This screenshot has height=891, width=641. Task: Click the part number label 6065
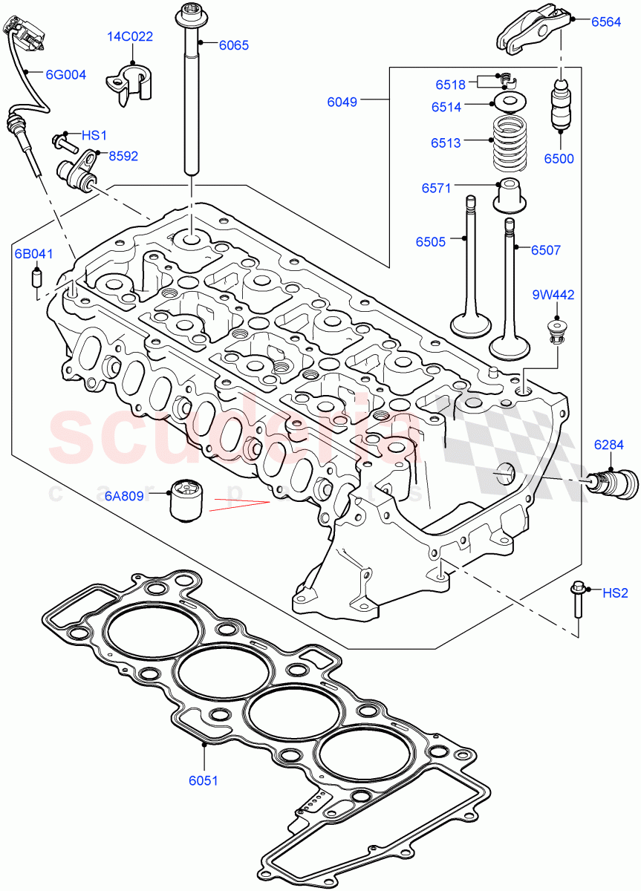tap(233, 45)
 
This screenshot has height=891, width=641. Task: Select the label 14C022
tap(131, 36)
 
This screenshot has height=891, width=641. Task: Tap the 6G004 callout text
tap(65, 74)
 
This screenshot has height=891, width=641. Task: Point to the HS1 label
tap(94, 135)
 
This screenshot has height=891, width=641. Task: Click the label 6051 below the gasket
tap(204, 780)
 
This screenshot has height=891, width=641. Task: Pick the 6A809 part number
tap(124, 495)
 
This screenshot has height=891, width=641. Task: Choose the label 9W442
tap(553, 295)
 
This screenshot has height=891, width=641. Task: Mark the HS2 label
tap(615, 593)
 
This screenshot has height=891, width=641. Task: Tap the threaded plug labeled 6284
tap(614, 482)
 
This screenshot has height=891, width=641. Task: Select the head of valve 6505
tap(471, 325)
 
